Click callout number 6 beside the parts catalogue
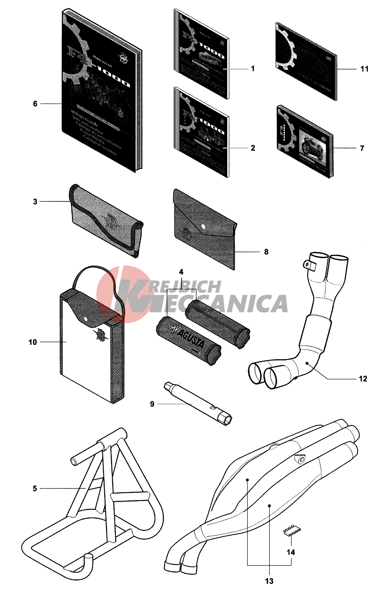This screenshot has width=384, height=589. (x=35, y=104)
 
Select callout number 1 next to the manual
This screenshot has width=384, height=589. (x=253, y=69)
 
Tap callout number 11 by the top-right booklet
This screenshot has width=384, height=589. (x=364, y=69)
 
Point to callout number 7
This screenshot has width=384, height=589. (x=362, y=148)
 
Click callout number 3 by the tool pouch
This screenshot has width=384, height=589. (x=35, y=202)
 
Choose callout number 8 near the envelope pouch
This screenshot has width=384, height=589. (x=266, y=252)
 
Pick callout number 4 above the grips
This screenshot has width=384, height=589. (x=181, y=272)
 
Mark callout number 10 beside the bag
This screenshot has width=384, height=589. (x=33, y=342)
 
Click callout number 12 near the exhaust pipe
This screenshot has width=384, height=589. (x=363, y=379)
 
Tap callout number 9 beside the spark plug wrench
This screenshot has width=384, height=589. (x=152, y=404)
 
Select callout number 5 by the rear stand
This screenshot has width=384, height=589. (x=35, y=488)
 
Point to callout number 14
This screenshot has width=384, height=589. (x=291, y=552)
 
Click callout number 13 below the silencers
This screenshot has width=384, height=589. (x=269, y=581)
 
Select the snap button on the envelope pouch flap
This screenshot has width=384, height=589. (x=203, y=226)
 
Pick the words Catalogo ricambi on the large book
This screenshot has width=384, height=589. (x=83, y=118)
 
